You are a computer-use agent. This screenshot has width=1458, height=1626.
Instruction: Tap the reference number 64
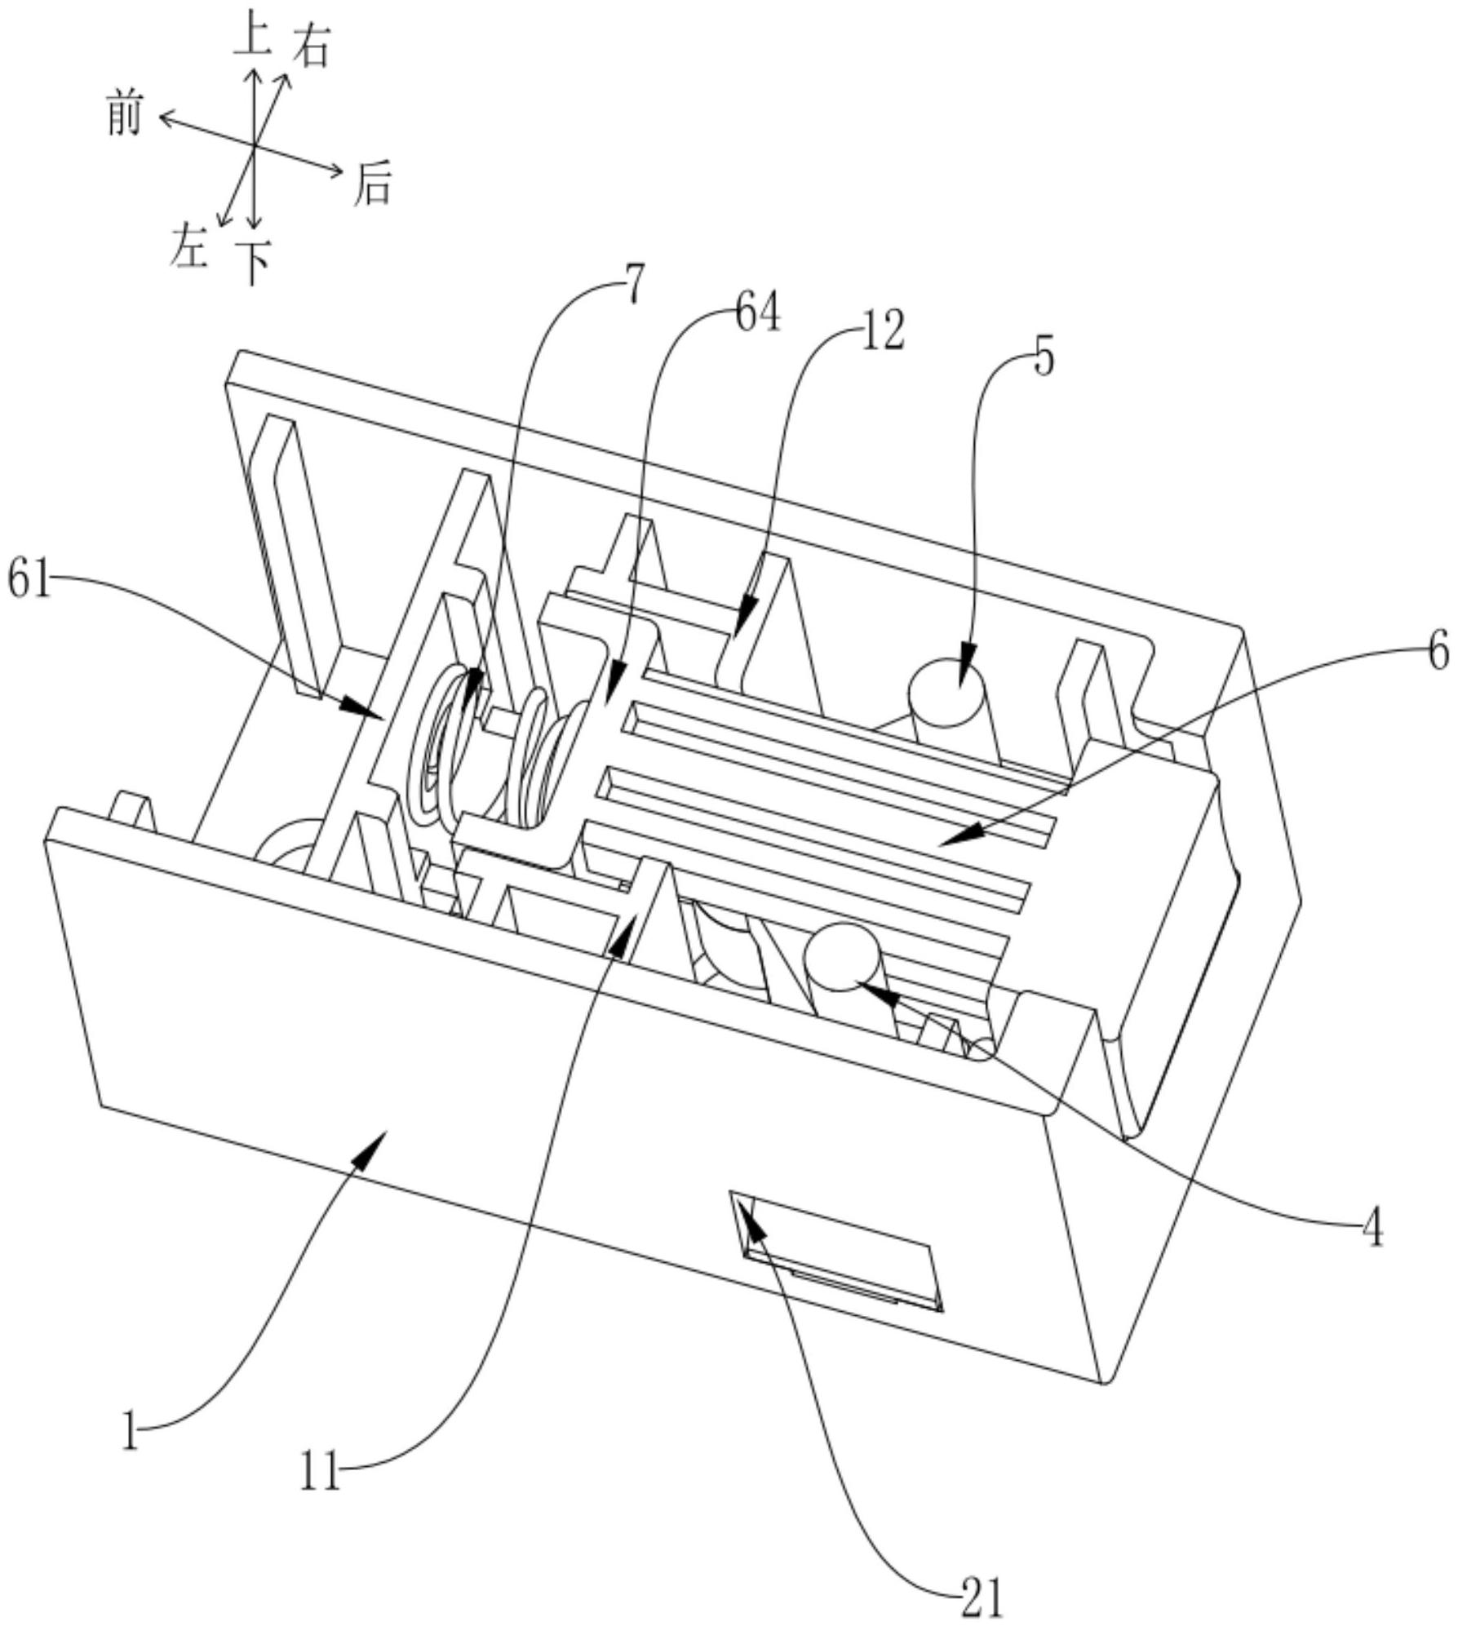point(757,314)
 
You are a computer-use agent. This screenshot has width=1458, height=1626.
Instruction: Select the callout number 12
point(882,333)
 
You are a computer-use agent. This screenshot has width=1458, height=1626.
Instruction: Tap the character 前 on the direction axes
point(125,113)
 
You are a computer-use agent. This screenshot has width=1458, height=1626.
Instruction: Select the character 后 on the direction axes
point(372,185)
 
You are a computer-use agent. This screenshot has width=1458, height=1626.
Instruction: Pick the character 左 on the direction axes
point(188,246)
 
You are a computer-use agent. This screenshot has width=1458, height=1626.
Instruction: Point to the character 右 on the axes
point(311,47)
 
